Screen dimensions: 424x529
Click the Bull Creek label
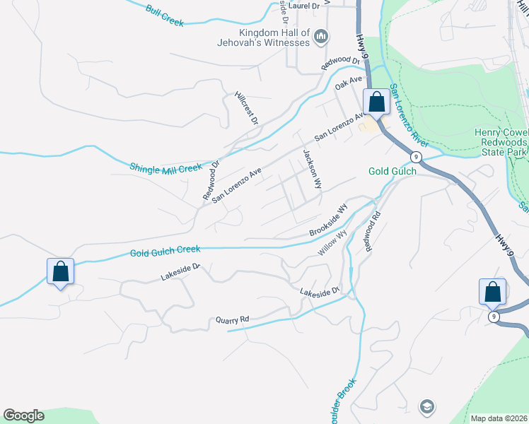(x=164, y=16)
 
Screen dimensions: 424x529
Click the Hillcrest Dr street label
(x=246, y=108)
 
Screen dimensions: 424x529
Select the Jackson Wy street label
(x=312, y=168)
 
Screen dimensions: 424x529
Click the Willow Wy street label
(x=332, y=243)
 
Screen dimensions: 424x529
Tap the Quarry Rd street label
(x=233, y=320)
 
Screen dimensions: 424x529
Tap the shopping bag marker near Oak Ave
(x=377, y=102)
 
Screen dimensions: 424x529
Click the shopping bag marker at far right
(x=492, y=291)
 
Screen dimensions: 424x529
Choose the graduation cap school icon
(x=426, y=406)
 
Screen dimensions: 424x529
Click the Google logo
(x=23, y=416)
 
